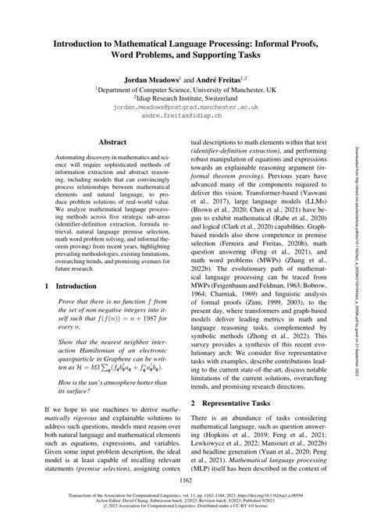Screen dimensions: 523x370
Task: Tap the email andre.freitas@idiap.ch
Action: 185,114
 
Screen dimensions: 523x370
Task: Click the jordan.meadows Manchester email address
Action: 185,105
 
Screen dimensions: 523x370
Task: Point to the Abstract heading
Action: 113,142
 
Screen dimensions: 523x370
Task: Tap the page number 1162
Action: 185,482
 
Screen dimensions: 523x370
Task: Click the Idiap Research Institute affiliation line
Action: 185,98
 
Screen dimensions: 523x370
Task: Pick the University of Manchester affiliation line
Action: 185,89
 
